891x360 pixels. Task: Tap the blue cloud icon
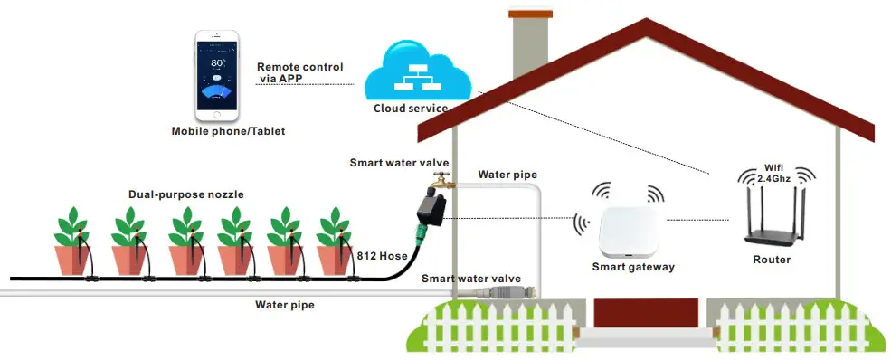pyautogui.click(x=417, y=72)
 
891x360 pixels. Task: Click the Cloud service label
pyautogui.click(x=411, y=109)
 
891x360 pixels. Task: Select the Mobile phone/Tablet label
pyautogui.click(x=228, y=131)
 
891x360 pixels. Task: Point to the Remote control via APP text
pyautogui.click(x=299, y=72)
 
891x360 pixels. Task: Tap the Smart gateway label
pyautogui.click(x=633, y=267)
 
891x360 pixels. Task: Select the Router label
pyautogui.click(x=771, y=260)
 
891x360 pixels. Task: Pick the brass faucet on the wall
pyautogui.click(x=441, y=178)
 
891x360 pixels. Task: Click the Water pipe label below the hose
pyautogui.click(x=285, y=305)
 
